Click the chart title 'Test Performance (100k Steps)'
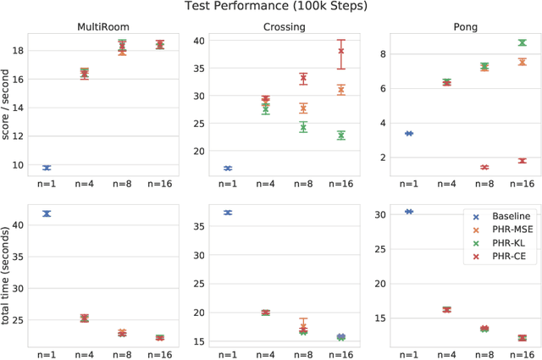271,7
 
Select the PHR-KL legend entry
506,246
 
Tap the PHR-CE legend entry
506,261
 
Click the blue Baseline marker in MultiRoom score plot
47,168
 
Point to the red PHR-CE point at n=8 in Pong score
484,167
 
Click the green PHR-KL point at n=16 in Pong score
523,42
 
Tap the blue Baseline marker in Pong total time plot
409,211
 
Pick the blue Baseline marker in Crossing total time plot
228,213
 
